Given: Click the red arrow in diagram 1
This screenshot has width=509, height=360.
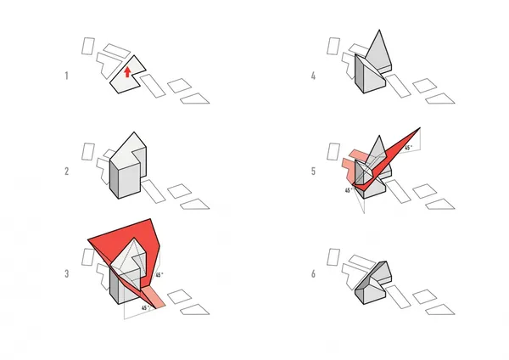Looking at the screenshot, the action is tap(127, 72).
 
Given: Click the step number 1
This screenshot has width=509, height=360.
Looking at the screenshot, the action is tap(66, 76).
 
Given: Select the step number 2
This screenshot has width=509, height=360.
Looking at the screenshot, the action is tap(66, 172).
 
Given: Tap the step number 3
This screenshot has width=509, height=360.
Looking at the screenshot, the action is tap(66, 274).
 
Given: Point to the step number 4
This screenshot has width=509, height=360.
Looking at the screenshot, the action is tap(313, 76).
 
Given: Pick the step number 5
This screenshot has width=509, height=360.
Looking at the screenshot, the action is tap(313, 172).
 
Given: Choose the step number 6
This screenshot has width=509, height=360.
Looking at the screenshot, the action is tap(313, 274).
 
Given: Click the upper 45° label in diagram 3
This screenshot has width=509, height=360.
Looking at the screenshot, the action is tap(159, 275).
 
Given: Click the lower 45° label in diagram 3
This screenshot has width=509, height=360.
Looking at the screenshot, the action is tap(145, 307).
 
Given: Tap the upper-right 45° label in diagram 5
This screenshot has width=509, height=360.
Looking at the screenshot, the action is tap(408, 148).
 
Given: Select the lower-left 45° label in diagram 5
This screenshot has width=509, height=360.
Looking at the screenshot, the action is tap(349, 190).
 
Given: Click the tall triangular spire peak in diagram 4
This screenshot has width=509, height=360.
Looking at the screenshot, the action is tap(379, 31).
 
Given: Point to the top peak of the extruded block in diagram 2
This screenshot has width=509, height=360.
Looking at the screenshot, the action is tap(134, 132).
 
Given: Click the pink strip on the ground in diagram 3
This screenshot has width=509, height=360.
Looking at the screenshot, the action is tap(155, 296).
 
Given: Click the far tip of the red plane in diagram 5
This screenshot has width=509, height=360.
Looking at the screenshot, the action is tap(420, 128).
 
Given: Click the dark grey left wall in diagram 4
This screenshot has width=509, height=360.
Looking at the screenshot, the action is tap(360, 73).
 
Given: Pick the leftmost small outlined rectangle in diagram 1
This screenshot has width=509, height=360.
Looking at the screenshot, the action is tap(88, 46).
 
